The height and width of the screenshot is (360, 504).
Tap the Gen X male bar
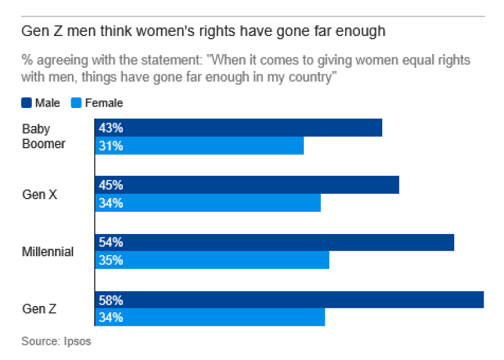(247, 185)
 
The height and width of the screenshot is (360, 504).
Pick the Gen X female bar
(208, 203)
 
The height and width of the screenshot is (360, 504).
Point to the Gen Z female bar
(209, 317)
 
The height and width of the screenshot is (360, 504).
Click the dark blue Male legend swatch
(27, 103)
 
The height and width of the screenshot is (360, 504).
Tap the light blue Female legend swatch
(77, 103)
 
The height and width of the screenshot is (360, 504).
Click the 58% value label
(111, 300)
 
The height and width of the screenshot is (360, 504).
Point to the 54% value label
(111, 242)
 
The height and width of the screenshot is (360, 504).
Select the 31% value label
(111, 146)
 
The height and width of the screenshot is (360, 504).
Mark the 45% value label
(111, 185)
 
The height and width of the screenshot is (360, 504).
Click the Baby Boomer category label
(43, 136)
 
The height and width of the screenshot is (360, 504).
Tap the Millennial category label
(47, 252)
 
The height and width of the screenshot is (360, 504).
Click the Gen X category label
(40, 194)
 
